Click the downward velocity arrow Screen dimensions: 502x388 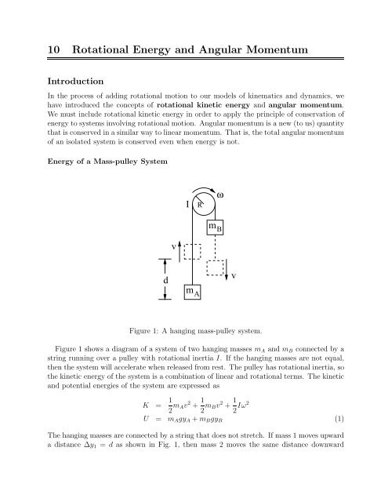(x=231, y=274)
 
